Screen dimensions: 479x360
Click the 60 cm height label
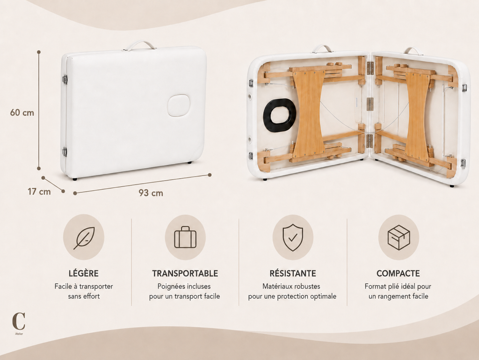point(22,112)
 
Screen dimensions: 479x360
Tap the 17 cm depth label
point(39,191)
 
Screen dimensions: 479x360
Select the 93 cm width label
point(151,193)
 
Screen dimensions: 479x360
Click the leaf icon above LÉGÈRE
point(84,238)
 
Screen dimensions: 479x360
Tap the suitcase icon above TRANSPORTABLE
point(185,237)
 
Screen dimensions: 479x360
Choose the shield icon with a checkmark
point(293,237)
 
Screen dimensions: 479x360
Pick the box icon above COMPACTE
point(399,237)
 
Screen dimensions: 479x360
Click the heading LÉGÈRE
point(84,273)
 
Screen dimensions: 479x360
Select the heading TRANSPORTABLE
point(185,273)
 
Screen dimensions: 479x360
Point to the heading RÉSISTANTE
point(293,273)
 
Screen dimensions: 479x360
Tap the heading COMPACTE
point(398,273)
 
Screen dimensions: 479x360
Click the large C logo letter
point(19,321)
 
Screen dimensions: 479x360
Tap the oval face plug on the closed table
point(178,105)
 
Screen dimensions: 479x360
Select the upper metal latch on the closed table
point(65,80)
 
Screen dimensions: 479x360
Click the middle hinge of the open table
point(370,104)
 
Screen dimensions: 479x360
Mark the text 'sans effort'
point(84,296)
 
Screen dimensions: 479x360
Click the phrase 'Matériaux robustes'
point(291,287)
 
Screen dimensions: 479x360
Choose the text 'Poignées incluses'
point(184,287)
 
